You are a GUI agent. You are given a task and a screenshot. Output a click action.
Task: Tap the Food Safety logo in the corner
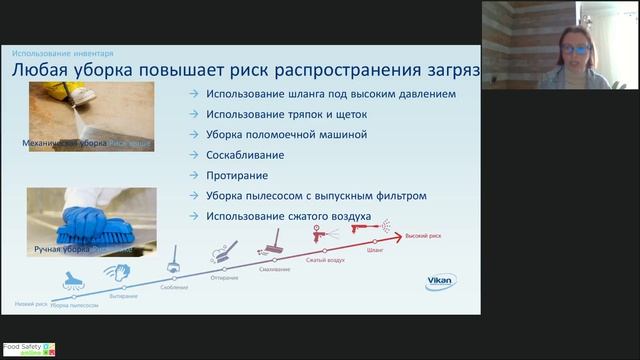(27, 350)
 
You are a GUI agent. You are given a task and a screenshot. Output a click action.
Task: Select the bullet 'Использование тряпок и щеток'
(287, 114)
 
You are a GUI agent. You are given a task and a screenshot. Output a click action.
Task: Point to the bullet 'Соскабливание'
(245, 155)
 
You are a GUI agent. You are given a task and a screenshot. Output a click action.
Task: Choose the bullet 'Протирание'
(238, 175)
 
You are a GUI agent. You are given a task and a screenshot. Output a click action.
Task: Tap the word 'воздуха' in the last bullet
(345, 216)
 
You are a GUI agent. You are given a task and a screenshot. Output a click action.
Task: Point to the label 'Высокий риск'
(423, 236)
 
